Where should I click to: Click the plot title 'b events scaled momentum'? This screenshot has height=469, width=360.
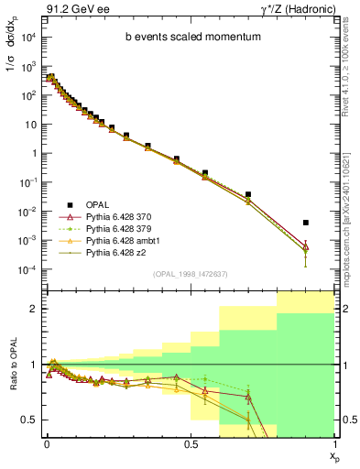[x=186, y=38]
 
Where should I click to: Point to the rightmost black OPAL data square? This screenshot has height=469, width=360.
[x=306, y=223]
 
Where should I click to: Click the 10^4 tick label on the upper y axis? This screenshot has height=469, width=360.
[x=27, y=38]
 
